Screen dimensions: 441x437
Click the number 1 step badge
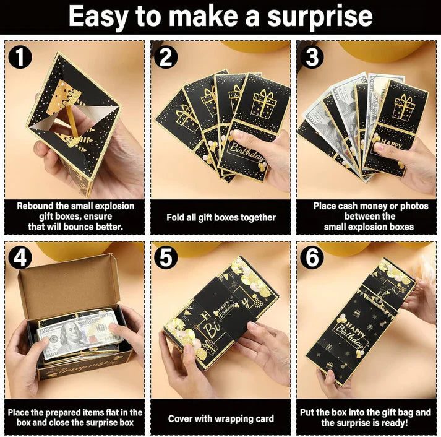[20, 57]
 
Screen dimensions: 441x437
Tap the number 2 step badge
[166, 57]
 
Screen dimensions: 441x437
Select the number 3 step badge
[312, 57]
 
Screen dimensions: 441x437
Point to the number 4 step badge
[20, 257]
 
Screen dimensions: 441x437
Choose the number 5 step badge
[166, 257]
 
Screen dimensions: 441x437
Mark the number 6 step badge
[312, 257]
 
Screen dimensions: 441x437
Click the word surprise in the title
[320, 17]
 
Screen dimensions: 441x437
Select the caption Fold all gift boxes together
[221, 217]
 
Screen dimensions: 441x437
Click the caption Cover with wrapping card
[221, 418]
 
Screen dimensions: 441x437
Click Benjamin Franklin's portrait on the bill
[68, 335]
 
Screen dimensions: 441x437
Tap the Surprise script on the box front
[82, 369]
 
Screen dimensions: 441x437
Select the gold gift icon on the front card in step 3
[404, 108]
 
